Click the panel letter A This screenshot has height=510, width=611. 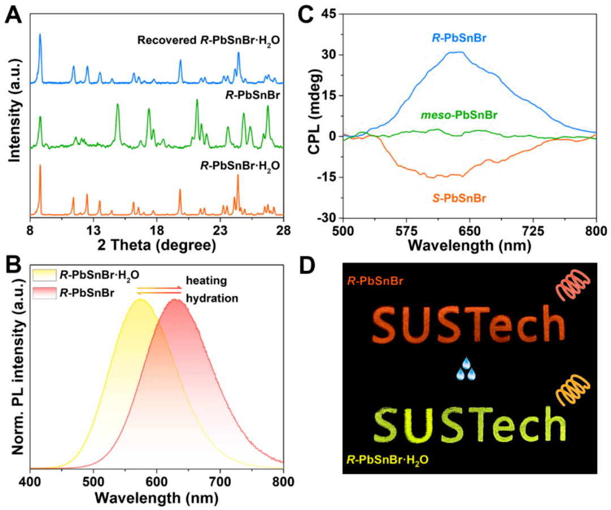(x=14, y=14)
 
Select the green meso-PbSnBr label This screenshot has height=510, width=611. (x=459, y=115)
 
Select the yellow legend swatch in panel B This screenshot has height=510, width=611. (x=48, y=275)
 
